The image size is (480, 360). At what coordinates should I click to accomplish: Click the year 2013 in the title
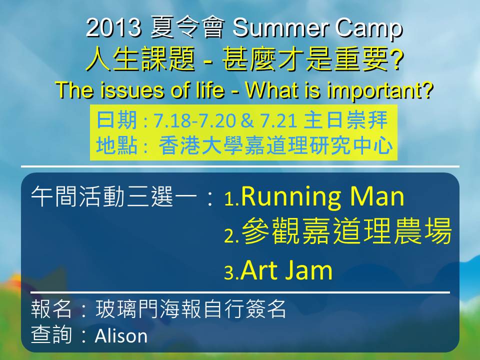pyautogui.click(x=113, y=28)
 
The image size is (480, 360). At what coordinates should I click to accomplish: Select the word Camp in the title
pyautogui.click(x=368, y=29)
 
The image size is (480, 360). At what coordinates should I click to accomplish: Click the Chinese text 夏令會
pyautogui.click(x=187, y=27)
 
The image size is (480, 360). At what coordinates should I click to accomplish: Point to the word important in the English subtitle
pyautogui.click(x=380, y=90)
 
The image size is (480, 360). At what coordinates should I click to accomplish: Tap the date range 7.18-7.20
pyautogui.click(x=194, y=120)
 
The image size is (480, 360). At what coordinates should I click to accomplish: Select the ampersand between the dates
pyautogui.click(x=247, y=120)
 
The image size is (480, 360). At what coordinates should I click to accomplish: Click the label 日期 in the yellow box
pyautogui.click(x=116, y=120)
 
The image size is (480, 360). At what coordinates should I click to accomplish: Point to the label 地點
pyautogui.click(x=116, y=145)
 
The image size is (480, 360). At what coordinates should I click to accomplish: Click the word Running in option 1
pyautogui.click(x=290, y=198)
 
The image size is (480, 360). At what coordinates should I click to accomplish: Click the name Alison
pyautogui.click(x=121, y=335)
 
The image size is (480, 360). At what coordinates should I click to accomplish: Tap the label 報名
pyautogui.click(x=51, y=308)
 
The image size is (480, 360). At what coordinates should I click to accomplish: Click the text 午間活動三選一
pyautogui.click(x=113, y=196)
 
